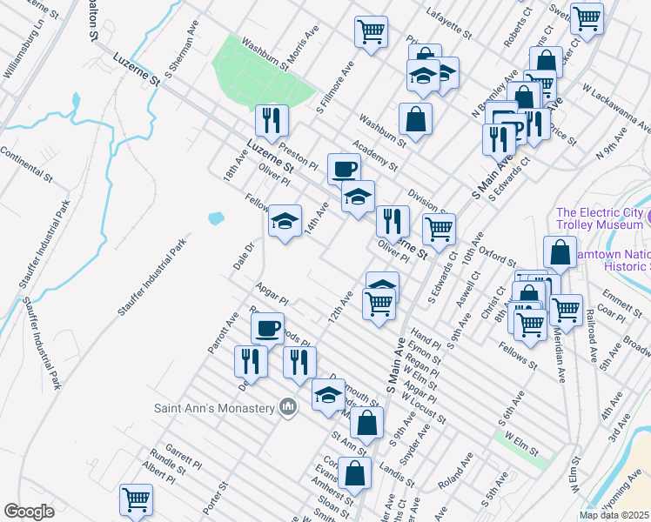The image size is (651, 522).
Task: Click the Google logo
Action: pyautogui.click(x=29, y=512)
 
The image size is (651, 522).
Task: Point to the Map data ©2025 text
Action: pyautogui.click(x=614, y=515)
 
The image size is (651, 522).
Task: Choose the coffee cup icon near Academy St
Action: pyautogui.click(x=344, y=168)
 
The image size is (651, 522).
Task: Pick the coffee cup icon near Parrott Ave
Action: pyautogui.click(x=267, y=327)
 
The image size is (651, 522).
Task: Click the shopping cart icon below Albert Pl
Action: pyautogui.click(x=136, y=499)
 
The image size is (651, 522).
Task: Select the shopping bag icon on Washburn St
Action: pyautogui.click(x=416, y=118)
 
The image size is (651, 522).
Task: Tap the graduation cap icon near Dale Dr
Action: pyautogui.click(x=285, y=221)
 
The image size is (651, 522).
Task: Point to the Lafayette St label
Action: pyautogui.click(x=448, y=25)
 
